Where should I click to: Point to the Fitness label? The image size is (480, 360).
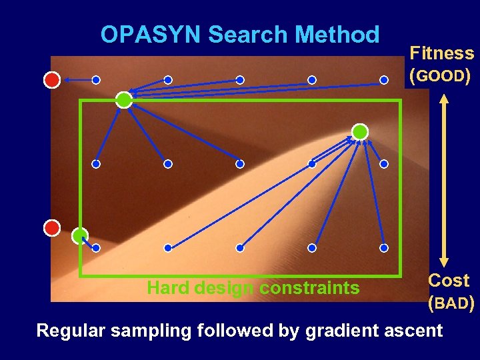click(x=441, y=53)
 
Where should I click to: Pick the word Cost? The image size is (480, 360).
click(x=449, y=280)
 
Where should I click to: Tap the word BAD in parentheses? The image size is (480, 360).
click(x=451, y=304)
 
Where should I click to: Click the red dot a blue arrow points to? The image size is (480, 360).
click(x=52, y=80)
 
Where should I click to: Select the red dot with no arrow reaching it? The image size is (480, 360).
click(x=52, y=228)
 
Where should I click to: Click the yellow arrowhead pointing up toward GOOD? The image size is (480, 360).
click(x=445, y=97)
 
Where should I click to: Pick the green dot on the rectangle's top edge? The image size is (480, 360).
click(x=124, y=100)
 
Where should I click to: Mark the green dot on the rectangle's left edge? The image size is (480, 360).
click(x=80, y=235)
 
